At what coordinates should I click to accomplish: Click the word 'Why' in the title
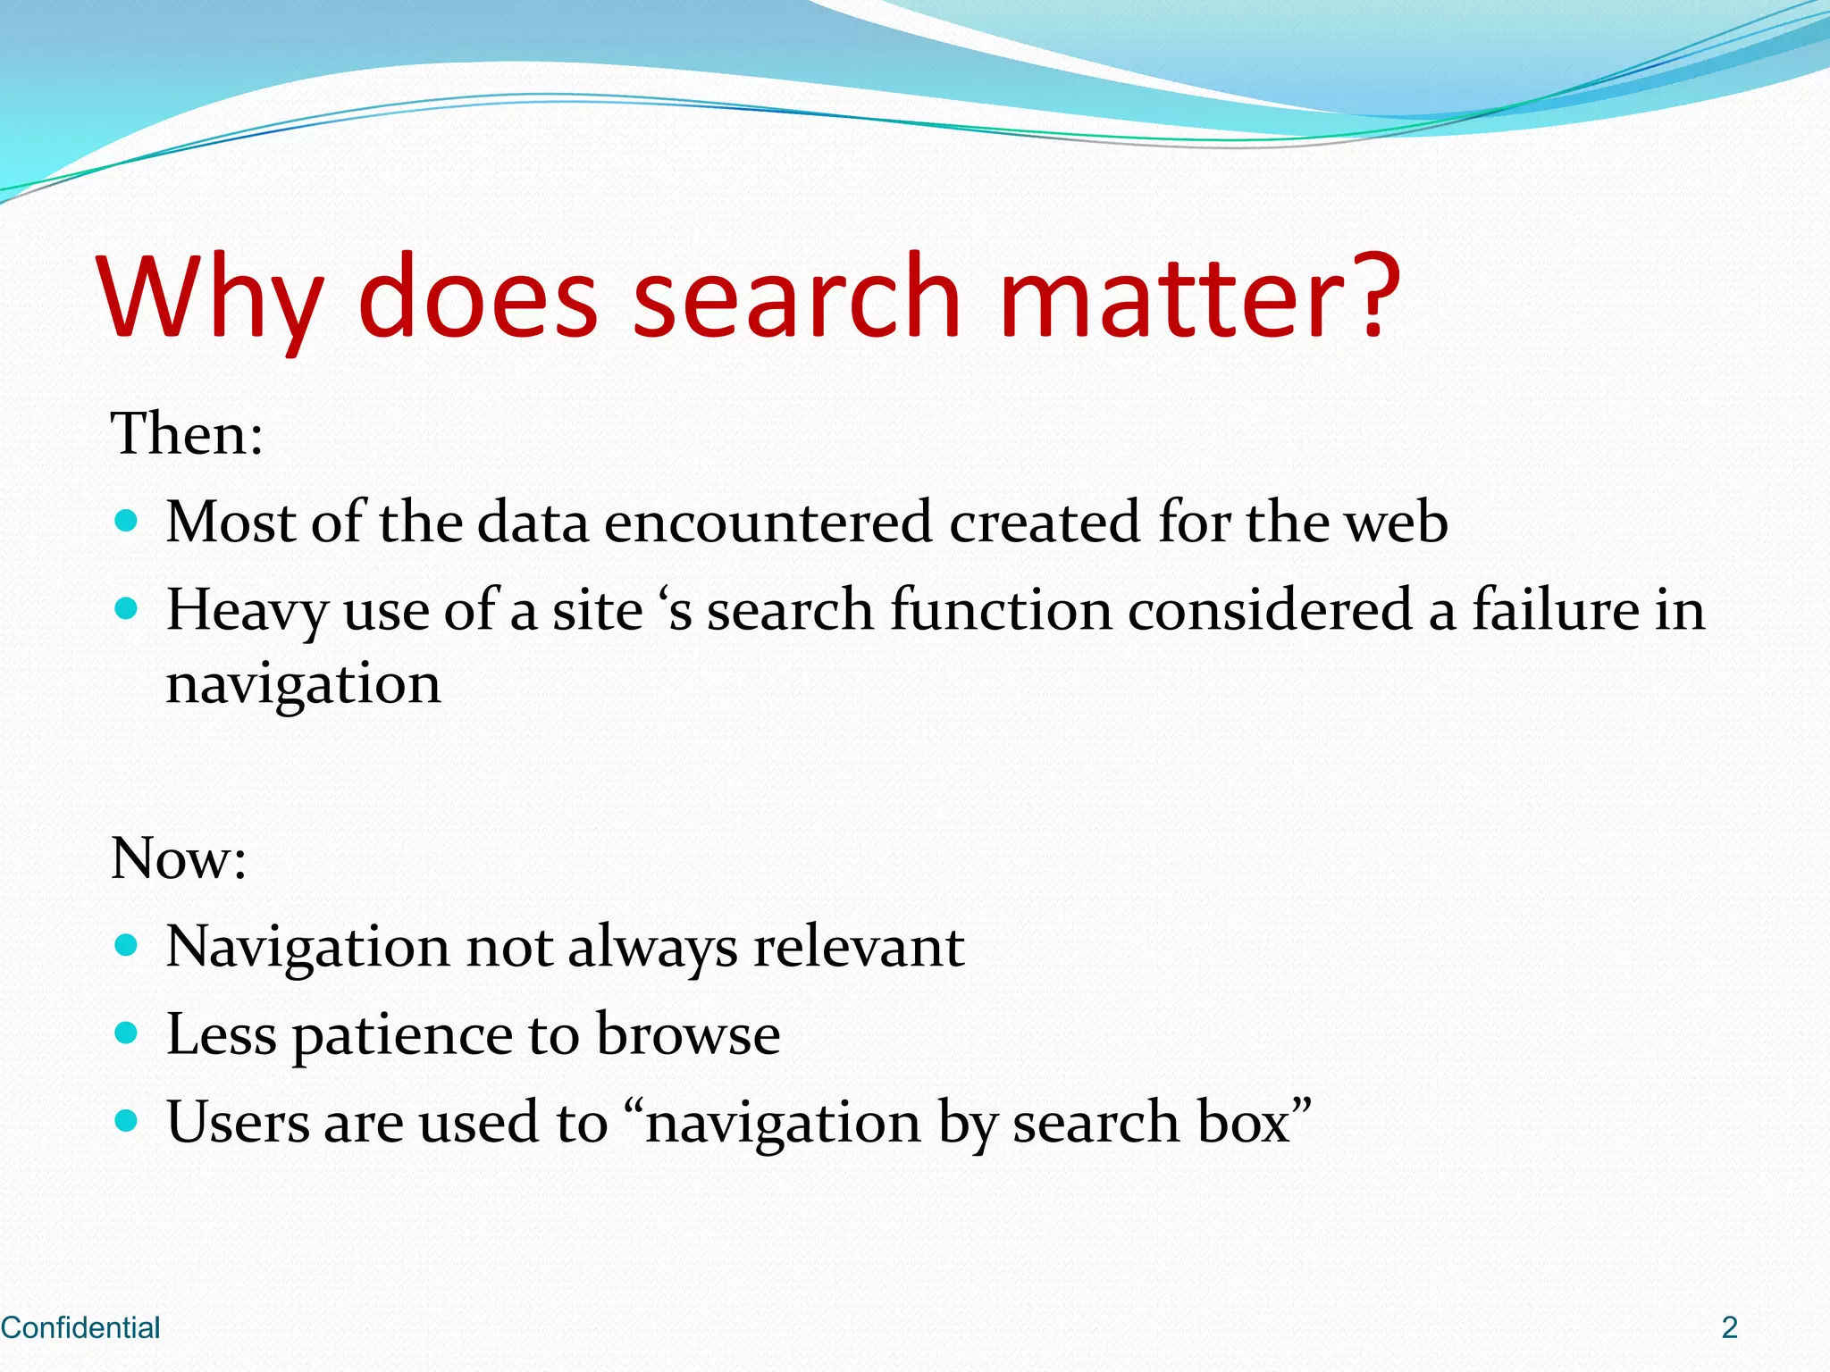[211, 299]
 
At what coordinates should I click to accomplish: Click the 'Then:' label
[187, 434]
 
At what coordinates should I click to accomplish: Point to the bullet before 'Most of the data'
[127, 521]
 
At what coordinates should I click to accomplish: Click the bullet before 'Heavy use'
[127, 610]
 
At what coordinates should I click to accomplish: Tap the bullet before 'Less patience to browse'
[127, 1033]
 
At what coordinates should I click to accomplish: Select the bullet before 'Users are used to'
[127, 1121]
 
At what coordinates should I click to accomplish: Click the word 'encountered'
[768, 522]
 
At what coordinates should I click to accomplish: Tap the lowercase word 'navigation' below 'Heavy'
[303, 686]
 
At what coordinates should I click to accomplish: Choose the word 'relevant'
[859, 946]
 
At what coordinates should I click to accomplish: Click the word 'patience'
[402, 1036]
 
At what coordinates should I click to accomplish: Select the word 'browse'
[687, 1034]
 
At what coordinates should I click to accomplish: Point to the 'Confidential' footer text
[80, 1327]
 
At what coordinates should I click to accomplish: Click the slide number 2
[1730, 1327]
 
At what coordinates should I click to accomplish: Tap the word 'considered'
[1269, 610]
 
